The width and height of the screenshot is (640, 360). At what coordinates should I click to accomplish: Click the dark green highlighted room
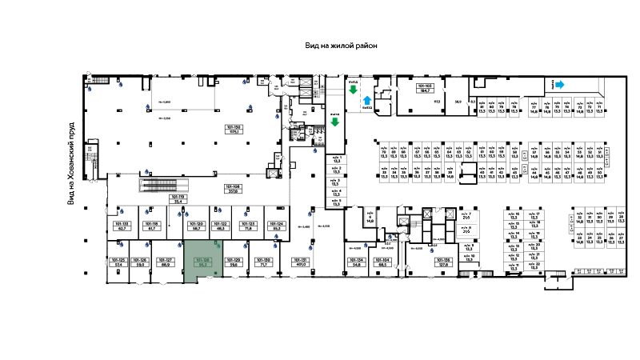[x=203, y=260]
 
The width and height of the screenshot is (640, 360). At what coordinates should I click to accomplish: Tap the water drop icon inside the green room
[x=218, y=246]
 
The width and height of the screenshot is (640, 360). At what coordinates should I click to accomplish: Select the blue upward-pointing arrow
[x=367, y=100]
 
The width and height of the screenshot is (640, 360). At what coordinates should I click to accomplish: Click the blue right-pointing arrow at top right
[x=560, y=84]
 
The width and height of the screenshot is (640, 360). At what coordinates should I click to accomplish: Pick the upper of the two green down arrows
[x=353, y=90]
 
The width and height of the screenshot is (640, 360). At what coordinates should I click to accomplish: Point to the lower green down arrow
[x=334, y=122]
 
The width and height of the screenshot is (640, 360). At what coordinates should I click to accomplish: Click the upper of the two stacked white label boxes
[x=466, y=216]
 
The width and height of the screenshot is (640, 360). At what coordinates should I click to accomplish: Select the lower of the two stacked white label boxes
[x=466, y=230]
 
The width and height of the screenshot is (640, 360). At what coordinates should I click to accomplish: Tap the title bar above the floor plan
[x=339, y=45]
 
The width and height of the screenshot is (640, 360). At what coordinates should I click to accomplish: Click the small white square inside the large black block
[x=470, y=170]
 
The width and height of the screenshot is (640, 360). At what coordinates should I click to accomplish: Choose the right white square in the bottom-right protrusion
[x=567, y=284]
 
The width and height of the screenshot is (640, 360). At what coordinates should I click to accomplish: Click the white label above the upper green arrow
[x=353, y=82]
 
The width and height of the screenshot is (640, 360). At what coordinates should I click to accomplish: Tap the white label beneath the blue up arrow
[x=367, y=107]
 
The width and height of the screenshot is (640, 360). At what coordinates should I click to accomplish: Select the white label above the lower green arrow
[x=334, y=114]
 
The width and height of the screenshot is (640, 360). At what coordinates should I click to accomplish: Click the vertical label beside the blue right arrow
[x=553, y=83]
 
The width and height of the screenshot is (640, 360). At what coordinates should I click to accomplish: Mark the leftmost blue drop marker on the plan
[x=90, y=89]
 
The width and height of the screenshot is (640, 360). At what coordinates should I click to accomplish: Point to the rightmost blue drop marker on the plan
[x=432, y=251]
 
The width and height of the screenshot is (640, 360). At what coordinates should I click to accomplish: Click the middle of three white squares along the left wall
[x=86, y=239]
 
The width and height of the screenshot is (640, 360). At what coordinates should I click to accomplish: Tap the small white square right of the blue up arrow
[x=381, y=106]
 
